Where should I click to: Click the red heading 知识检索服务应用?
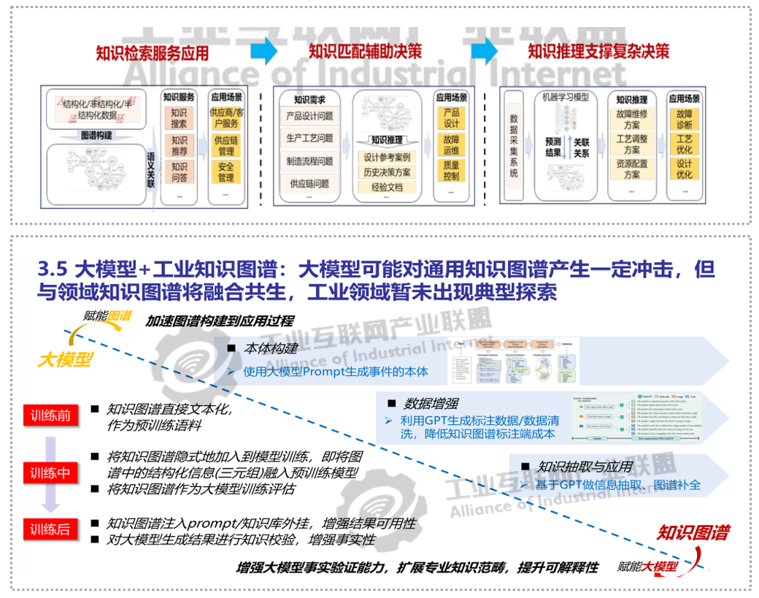(x=152, y=53)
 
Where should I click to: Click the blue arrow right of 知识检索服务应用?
(x=263, y=51)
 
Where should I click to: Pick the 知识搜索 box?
(x=179, y=119)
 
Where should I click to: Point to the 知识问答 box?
(x=179, y=172)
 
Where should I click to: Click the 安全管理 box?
(x=226, y=172)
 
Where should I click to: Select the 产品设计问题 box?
(x=309, y=116)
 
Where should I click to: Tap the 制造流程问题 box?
(x=309, y=161)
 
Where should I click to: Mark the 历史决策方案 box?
(x=387, y=172)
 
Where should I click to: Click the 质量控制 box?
(x=451, y=171)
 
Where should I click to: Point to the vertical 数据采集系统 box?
(x=514, y=146)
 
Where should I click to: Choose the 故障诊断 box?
(x=684, y=120)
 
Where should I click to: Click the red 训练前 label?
(x=50, y=416)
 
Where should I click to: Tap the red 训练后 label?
(x=50, y=529)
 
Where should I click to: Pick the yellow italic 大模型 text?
(x=65, y=360)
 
